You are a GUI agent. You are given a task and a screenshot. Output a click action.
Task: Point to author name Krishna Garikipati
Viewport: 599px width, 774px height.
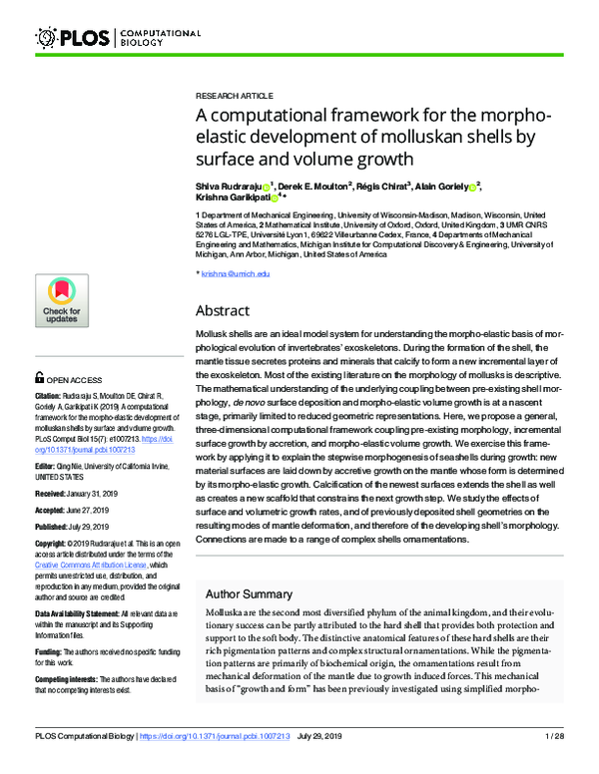pyautogui.click(x=232, y=197)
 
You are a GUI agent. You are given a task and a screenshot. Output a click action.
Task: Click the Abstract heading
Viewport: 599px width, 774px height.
pyautogui.click(x=229, y=310)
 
